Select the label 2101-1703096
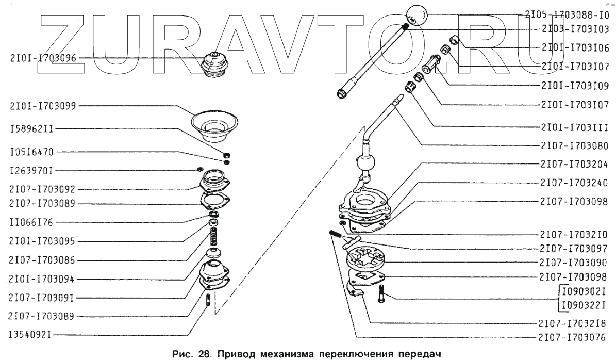(43, 59)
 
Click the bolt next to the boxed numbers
(381, 294)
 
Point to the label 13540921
(29, 334)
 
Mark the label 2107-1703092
(43, 189)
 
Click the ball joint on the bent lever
(367, 165)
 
